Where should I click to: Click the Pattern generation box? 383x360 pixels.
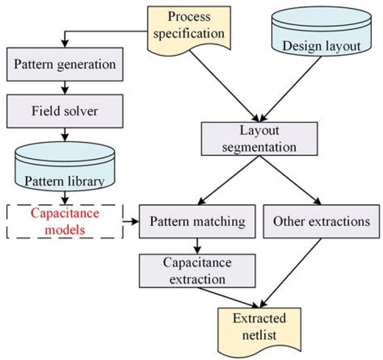65,64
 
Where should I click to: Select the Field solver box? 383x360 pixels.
65,111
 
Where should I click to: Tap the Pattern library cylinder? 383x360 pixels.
65,166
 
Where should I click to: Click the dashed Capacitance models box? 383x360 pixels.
65,221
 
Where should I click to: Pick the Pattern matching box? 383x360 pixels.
197,221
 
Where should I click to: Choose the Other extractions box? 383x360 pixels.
321,221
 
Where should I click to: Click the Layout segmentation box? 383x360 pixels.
260,139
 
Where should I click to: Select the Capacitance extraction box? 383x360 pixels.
197,271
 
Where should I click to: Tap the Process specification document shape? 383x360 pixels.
189,29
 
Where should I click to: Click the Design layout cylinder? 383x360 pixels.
322,32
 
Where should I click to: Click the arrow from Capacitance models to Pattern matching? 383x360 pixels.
131,222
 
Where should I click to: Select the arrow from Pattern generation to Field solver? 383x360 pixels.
65,88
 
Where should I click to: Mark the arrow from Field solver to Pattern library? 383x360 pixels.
65,135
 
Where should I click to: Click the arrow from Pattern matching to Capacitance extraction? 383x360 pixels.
197,246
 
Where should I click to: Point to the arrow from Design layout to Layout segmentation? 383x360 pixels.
290,89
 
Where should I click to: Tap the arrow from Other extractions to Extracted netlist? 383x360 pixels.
290,273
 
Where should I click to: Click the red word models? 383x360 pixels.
65,230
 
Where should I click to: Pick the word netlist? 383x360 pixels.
260,335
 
